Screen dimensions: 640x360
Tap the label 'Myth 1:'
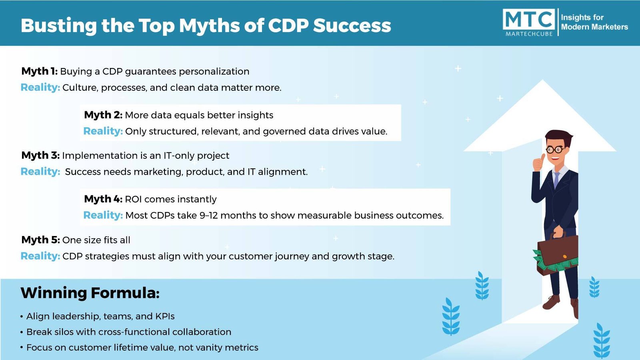[40, 71]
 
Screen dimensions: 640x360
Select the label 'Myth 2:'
[103, 115]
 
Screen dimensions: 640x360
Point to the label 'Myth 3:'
[40, 156]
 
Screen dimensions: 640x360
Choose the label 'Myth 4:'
[103, 199]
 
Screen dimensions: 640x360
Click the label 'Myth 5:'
[40, 240]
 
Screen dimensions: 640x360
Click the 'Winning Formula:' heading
[90, 293]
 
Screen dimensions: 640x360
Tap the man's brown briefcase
[557, 254]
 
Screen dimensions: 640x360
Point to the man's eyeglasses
[555, 150]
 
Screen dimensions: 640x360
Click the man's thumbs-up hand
[538, 162]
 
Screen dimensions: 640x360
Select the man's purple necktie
[556, 180]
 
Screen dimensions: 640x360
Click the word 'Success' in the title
[352, 26]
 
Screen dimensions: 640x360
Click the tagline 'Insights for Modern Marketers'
[594, 22]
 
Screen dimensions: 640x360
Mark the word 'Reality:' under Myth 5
[40, 256]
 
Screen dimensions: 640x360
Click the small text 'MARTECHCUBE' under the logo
[529, 34]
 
